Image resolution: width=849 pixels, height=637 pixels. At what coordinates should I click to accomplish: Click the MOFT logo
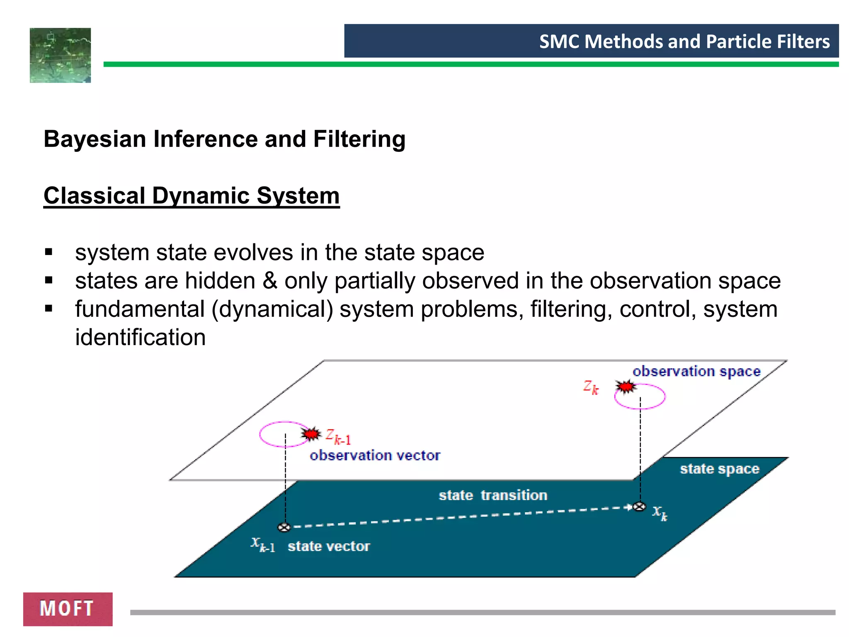(x=68, y=608)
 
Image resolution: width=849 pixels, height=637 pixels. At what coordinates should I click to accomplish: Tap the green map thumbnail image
(x=60, y=55)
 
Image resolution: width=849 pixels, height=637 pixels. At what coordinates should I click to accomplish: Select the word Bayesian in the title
(x=95, y=139)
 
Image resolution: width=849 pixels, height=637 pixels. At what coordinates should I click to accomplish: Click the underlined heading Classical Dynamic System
(x=192, y=196)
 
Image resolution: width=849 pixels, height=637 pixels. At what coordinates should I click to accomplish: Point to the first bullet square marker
(x=49, y=252)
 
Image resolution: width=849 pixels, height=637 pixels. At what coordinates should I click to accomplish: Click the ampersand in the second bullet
(x=270, y=281)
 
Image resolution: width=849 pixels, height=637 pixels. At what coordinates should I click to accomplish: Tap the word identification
(x=140, y=337)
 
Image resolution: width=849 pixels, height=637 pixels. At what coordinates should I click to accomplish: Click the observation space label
(x=696, y=371)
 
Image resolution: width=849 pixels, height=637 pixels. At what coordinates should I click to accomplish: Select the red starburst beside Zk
(x=626, y=387)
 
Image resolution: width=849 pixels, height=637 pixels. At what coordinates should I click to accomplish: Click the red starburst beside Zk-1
(x=311, y=434)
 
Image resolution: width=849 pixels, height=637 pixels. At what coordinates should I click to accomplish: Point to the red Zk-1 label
(x=338, y=437)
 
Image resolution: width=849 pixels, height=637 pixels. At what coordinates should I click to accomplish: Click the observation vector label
(x=375, y=455)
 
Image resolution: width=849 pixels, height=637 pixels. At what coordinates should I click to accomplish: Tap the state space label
(x=719, y=469)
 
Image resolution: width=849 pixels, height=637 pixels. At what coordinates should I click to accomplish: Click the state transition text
(x=493, y=495)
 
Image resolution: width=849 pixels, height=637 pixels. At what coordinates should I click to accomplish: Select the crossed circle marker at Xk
(x=640, y=507)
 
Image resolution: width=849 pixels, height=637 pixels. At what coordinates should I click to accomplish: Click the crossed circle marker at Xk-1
(x=284, y=528)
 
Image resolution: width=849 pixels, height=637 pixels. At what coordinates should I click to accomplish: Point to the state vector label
(x=329, y=546)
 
